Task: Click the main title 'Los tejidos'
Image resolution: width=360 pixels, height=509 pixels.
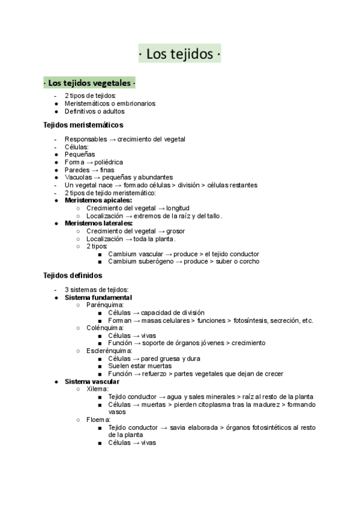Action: click(179, 55)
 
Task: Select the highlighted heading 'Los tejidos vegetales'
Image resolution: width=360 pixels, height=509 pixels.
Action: click(89, 82)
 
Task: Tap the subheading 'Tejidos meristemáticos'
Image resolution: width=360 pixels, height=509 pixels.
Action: click(83, 125)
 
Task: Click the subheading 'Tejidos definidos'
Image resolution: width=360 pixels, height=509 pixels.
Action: click(73, 276)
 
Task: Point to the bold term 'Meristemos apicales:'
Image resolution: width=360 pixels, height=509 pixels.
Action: click(98, 200)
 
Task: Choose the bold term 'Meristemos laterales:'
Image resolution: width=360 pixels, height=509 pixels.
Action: click(98, 223)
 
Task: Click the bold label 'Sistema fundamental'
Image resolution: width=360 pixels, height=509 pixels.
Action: click(98, 298)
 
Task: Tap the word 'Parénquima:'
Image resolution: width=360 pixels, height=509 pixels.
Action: click(105, 305)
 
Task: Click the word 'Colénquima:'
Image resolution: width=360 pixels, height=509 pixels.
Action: click(105, 328)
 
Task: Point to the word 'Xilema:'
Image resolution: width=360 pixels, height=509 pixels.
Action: click(97, 389)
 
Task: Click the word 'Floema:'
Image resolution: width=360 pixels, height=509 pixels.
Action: click(98, 420)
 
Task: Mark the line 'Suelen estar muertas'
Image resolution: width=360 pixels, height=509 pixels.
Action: click(140, 366)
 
